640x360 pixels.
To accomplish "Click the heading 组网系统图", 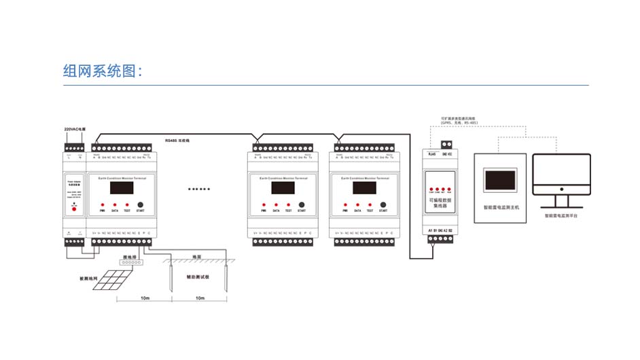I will pyautogui.click(x=102, y=71).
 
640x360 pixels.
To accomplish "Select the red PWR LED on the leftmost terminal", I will pyautogui.click(x=103, y=204).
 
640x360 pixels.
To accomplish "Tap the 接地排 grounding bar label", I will pyautogui.click(x=130, y=257).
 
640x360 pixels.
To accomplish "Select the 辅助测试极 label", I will pyautogui.click(x=197, y=277).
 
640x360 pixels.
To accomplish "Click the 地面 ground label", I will pyautogui.click(x=197, y=257).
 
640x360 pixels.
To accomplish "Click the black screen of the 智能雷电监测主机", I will pyautogui.click(x=501, y=179).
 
